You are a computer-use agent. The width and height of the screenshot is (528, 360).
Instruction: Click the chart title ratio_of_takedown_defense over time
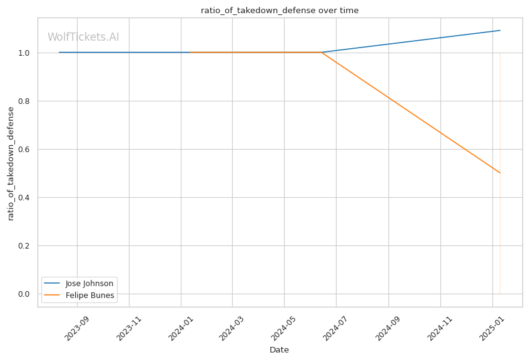point(280,11)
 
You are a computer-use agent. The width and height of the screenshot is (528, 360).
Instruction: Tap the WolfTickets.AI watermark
point(83,38)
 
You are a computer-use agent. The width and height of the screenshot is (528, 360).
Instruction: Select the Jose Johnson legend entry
point(89,284)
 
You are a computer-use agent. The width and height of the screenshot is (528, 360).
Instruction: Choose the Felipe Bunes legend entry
point(89,296)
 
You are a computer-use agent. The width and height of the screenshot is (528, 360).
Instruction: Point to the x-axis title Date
point(279,350)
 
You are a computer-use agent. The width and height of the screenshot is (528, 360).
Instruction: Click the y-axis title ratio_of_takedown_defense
point(11,163)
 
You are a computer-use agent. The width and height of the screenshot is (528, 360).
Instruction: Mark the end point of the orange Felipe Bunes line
point(500,173)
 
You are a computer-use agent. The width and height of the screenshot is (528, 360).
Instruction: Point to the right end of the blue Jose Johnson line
point(500,31)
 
